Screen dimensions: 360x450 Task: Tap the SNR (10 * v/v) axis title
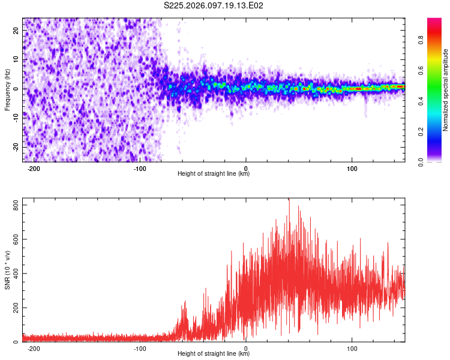(7, 271)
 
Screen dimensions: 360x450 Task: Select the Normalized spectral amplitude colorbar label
(446, 90)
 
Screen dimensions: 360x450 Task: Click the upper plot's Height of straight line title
(214, 174)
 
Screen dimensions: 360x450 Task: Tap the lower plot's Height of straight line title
(214, 354)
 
